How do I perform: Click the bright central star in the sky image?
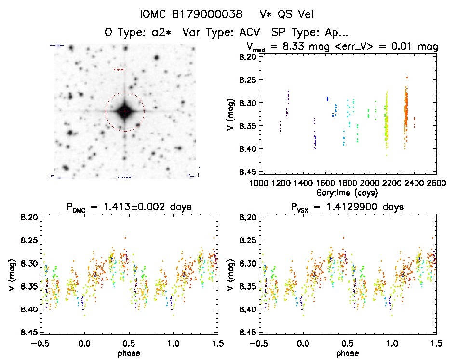click(x=125, y=111)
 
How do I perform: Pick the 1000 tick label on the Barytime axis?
click(x=259, y=183)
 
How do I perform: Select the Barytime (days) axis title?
click(x=347, y=192)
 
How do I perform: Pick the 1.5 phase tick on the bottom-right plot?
click(x=436, y=343)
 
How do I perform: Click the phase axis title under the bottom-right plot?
click(x=347, y=352)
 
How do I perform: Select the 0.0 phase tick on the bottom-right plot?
click(x=303, y=343)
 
